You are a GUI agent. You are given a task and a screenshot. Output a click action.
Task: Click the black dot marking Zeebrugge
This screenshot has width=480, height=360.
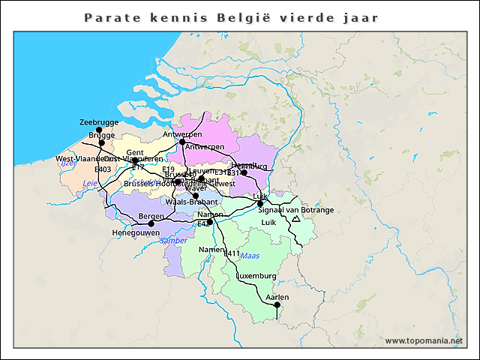pos(99,130)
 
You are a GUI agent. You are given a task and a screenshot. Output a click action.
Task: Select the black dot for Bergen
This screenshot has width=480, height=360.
pos(151,223)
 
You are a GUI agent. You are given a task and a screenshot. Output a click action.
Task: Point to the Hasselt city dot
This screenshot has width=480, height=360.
pos(244,172)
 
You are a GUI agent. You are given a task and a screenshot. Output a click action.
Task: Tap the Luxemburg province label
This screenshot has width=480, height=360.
pos(256,276)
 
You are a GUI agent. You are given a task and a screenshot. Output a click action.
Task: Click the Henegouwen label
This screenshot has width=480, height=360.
pos(136,233)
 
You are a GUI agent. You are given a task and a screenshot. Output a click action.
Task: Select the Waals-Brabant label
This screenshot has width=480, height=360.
pos(191,202)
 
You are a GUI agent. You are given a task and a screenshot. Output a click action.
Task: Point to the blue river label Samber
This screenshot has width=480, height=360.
pos(173,241)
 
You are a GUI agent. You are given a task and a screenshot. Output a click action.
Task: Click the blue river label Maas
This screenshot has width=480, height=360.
pos(249,256)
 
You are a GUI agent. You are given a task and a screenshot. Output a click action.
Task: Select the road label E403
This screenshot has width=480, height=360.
pos(103,169)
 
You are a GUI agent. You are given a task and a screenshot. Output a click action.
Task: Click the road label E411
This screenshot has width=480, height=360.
pos(232,253)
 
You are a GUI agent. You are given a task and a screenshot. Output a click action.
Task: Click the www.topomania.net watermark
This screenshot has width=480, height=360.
pos(424,340)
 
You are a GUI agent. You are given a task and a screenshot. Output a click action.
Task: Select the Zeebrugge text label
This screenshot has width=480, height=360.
pos(99,121)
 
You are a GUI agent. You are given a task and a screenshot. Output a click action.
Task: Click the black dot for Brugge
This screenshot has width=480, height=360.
pos(102,142)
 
